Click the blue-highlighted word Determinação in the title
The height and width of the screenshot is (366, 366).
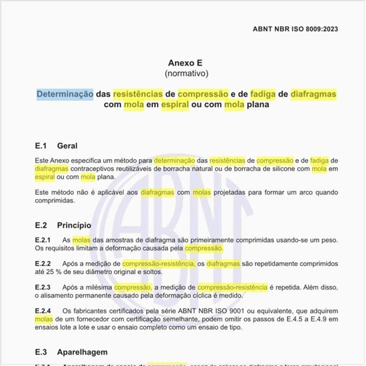65,94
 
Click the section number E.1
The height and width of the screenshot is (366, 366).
41,146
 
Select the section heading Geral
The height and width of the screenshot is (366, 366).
68,146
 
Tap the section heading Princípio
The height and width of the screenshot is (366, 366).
74,225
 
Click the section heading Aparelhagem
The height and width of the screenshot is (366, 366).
83,351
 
